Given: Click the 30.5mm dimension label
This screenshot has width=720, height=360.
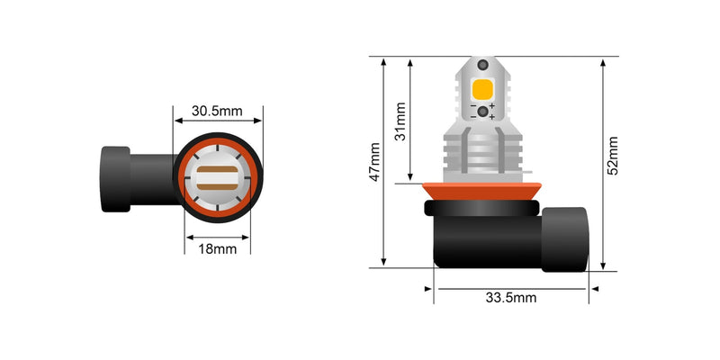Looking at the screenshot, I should pos(217,112).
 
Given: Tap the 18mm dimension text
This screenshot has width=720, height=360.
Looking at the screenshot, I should pos(217,248).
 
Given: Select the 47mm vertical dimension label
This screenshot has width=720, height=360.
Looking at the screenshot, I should pos(374,163).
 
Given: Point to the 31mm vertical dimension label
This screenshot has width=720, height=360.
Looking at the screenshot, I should pos(400,121).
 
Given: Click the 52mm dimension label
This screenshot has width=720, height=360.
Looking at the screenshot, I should pos(613,155).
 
